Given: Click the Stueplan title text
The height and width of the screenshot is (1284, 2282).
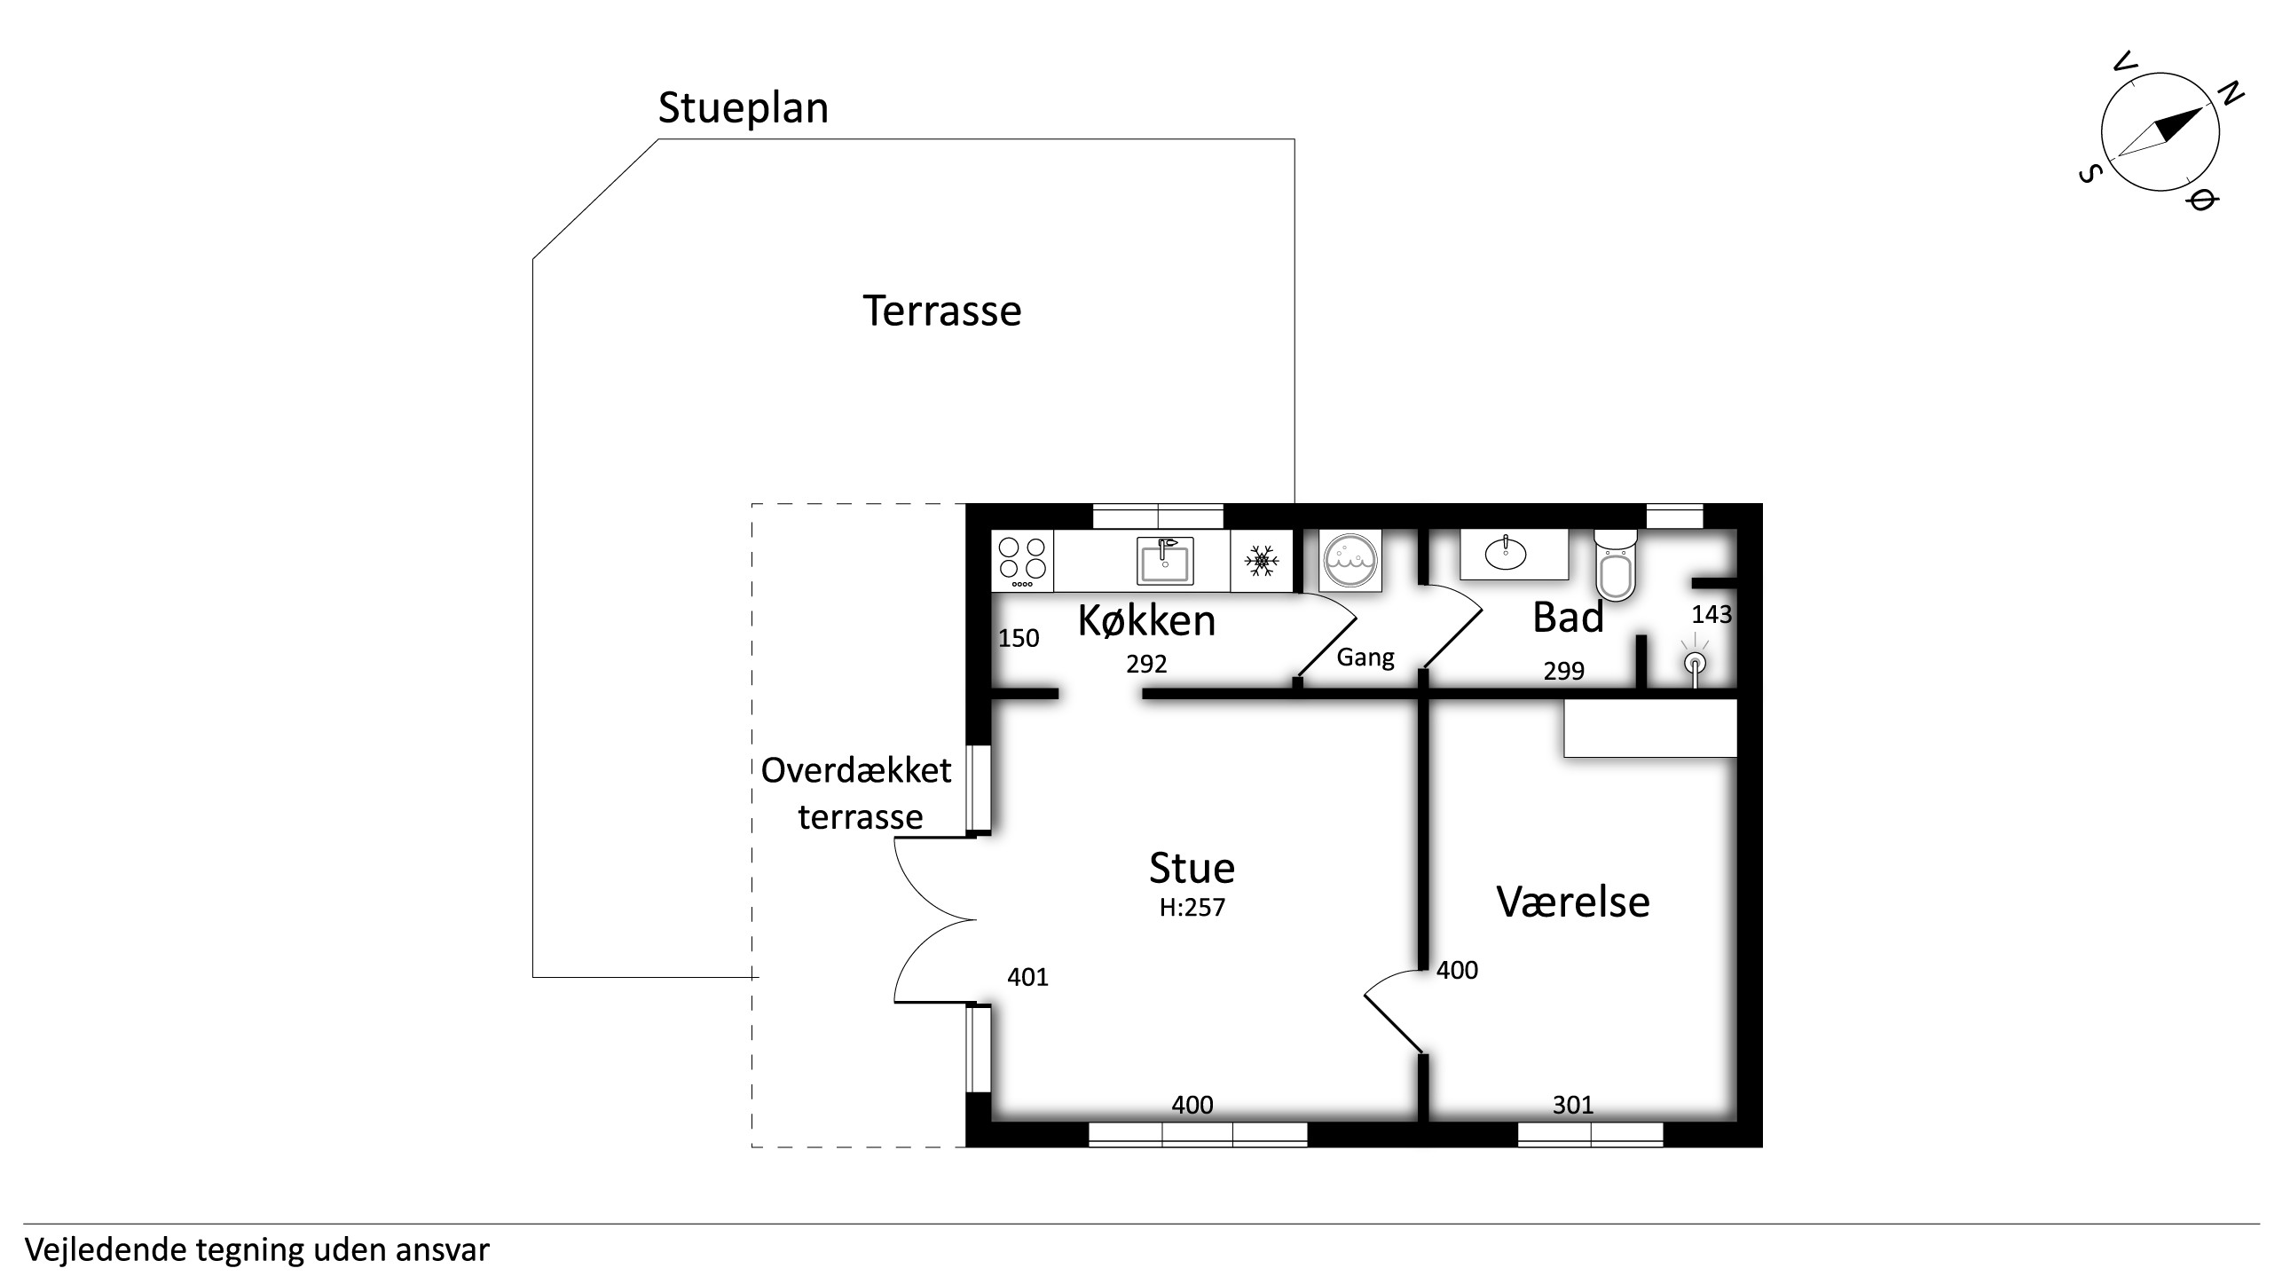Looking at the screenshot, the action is click(744, 109).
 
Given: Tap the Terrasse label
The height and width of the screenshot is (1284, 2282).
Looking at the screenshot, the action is click(942, 311).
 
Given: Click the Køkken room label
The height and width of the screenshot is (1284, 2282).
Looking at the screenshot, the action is click(1146, 620).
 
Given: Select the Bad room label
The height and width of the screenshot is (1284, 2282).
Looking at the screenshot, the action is click(1569, 618).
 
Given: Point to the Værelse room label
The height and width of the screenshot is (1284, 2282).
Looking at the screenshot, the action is click(1573, 902).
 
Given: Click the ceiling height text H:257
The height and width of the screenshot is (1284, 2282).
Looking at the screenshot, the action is click(1192, 908).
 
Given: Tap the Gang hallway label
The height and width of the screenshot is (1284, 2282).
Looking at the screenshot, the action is click(1365, 658).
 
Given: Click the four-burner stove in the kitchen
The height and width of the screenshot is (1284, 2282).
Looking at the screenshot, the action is click(1022, 561).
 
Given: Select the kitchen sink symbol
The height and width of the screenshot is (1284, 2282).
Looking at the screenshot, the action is click(1165, 561).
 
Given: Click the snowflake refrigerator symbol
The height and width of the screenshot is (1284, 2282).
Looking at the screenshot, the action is click(1261, 561).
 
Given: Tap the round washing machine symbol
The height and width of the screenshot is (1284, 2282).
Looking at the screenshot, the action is click(1350, 561).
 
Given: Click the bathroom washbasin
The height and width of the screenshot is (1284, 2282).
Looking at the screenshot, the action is click(1506, 554).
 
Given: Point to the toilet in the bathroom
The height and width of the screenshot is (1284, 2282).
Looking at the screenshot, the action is click(1615, 565).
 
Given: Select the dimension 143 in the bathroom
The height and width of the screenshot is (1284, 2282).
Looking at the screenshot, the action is click(1711, 615).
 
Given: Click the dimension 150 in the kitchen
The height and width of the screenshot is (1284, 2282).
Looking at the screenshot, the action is click(1019, 639).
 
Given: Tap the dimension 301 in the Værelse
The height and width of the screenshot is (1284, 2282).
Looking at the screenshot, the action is click(1573, 1106).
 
